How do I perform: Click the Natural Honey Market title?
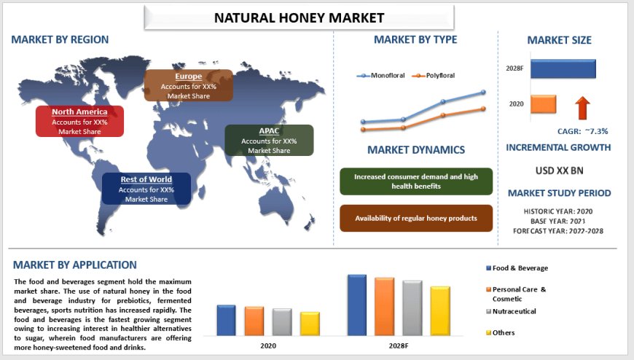[x=299, y=17]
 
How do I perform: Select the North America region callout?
[x=79, y=122]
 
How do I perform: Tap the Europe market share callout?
[x=189, y=85]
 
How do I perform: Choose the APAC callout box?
[x=269, y=140]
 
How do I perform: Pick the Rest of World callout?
[x=146, y=189]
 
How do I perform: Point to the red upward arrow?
[x=582, y=107]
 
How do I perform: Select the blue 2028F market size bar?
[x=563, y=69]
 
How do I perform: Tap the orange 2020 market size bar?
[x=543, y=104]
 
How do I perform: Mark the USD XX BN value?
[x=558, y=171]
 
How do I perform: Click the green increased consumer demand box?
[x=416, y=181]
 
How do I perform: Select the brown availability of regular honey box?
[x=416, y=219]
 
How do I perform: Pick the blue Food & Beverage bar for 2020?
[x=226, y=320]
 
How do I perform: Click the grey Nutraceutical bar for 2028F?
[x=412, y=308]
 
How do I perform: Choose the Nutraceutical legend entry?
[x=514, y=311]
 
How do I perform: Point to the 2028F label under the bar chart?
[x=398, y=345]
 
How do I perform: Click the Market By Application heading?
[x=74, y=265]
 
